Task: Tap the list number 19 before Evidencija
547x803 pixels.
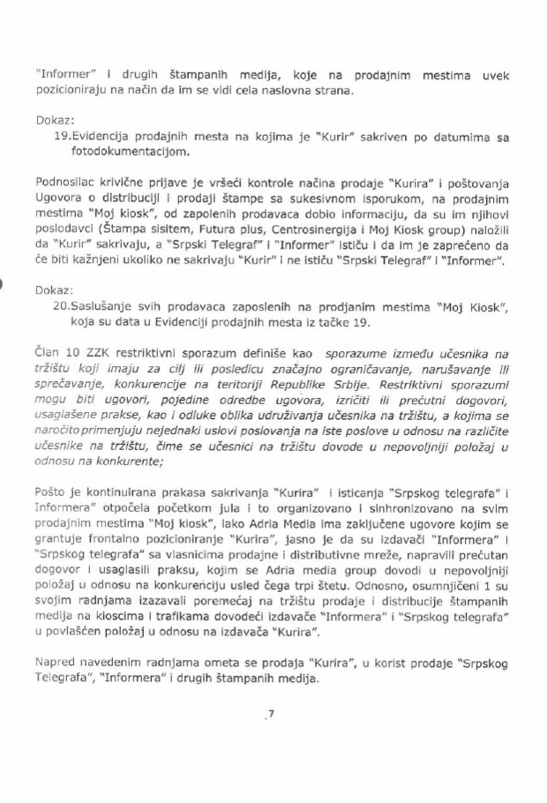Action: pos(61,137)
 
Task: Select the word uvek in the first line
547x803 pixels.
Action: pos(495,75)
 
